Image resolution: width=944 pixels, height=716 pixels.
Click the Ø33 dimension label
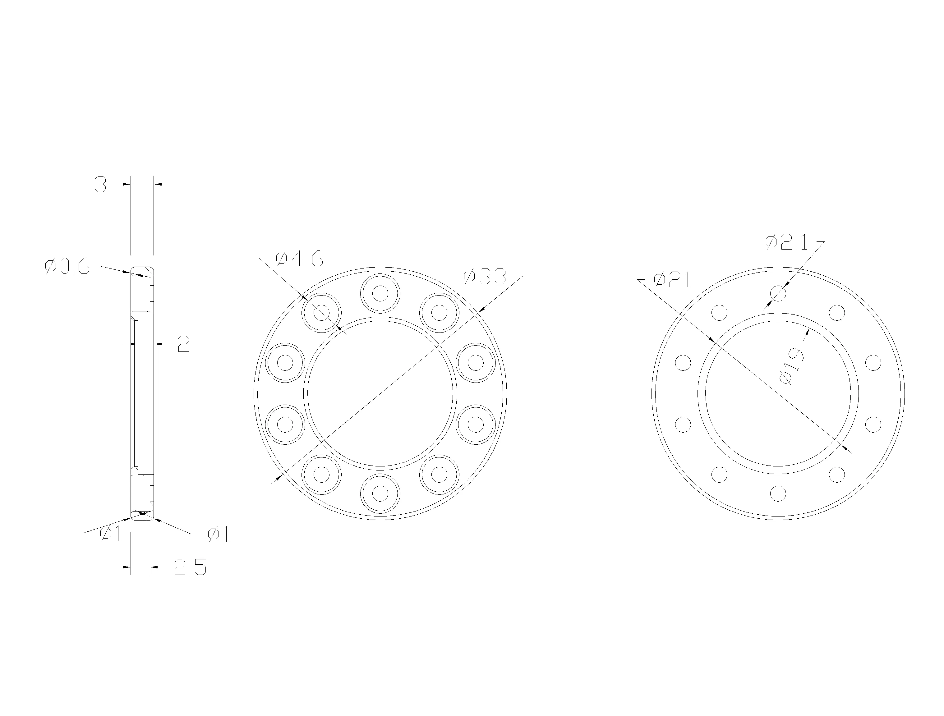click(x=485, y=277)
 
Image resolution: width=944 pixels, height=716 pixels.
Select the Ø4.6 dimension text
click(x=299, y=259)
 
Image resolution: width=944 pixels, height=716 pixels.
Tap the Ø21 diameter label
click(x=672, y=280)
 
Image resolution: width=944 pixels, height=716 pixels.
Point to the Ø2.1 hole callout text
click(x=786, y=242)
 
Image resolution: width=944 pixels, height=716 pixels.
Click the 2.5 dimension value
click(x=190, y=567)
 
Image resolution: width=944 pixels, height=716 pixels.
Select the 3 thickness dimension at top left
click(x=100, y=184)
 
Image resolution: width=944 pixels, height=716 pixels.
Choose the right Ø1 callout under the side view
click(x=219, y=535)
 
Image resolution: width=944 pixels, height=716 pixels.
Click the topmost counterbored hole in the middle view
click(x=380, y=293)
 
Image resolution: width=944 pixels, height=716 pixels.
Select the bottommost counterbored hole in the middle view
click(x=380, y=493)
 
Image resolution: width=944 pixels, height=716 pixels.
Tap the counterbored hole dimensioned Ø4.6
click(x=321, y=313)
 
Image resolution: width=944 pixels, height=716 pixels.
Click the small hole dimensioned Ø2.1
click(x=778, y=293)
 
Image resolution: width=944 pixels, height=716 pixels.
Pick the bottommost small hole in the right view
click(x=778, y=493)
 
